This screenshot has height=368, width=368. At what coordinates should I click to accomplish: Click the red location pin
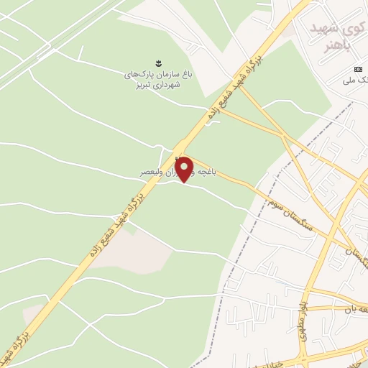(185, 168)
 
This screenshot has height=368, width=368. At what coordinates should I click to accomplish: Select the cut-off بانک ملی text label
(357, 83)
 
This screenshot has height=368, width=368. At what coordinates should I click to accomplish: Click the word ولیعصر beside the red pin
(155, 172)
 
